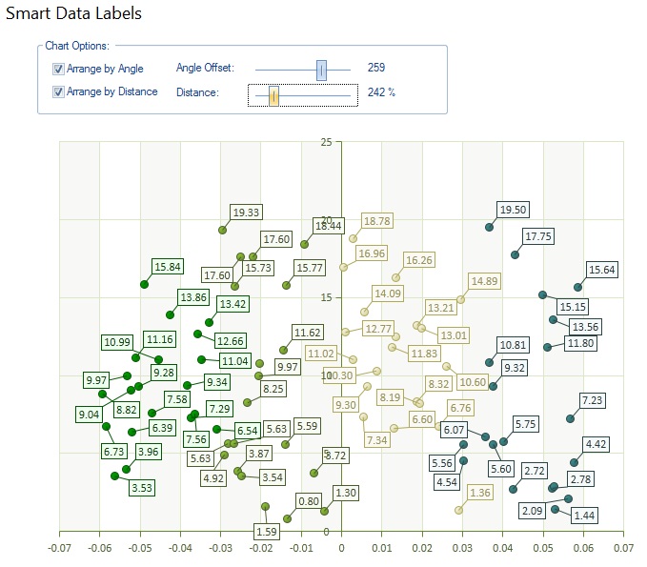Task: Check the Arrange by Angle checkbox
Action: [59, 69]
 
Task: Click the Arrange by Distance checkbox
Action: [59, 92]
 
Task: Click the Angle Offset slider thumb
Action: [321, 69]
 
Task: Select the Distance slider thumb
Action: [273, 95]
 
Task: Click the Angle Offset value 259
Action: [376, 69]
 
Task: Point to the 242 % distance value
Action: [381, 92]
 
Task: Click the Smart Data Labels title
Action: [73, 14]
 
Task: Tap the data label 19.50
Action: [514, 210]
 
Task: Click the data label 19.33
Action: [247, 212]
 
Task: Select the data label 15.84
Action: [167, 266]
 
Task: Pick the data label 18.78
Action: [377, 221]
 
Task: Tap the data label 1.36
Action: [481, 493]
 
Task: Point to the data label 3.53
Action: [142, 487]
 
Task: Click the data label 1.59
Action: [267, 531]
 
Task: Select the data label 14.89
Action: [484, 281]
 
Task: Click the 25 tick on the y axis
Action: [327, 142]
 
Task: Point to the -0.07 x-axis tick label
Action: [59, 549]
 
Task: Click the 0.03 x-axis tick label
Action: [462, 549]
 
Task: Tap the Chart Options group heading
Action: [77, 46]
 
